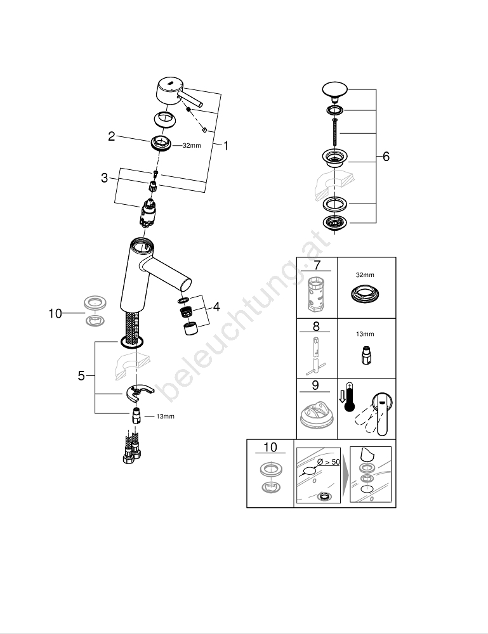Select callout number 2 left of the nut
[112, 136]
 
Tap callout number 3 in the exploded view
[105, 178]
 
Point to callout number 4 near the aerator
[216, 307]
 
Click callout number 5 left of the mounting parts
[81, 375]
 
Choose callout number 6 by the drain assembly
[386, 157]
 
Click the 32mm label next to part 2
[191, 145]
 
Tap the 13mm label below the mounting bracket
[165, 417]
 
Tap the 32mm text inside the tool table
[365, 276]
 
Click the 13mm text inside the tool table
[365, 334]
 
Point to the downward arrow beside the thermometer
[341, 397]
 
